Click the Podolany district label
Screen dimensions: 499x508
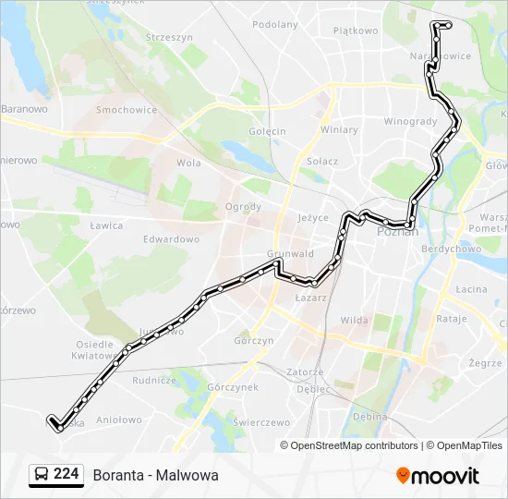[x=274, y=25]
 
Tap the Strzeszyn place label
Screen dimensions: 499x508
[x=169, y=37]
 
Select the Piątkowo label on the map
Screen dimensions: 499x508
[x=356, y=30]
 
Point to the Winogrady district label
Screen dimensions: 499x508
[x=410, y=121]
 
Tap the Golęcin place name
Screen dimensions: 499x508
[x=267, y=131]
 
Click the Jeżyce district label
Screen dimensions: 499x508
[x=313, y=218]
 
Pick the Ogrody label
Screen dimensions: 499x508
[x=243, y=207]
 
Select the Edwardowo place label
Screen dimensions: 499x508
[x=171, y=239]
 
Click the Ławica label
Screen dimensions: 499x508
[x=107, y=225]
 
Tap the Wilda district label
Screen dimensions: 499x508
[x=354, y=320]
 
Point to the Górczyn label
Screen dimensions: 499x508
[x=254, y=341]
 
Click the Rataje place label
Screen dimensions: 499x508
[x=452, y=319]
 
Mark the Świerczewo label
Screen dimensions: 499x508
[x=262, y=422]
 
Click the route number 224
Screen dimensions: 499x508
[x=67, y=474]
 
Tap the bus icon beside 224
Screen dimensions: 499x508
[x=42, y=475]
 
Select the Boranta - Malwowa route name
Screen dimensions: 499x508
[x=155, y=475]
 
